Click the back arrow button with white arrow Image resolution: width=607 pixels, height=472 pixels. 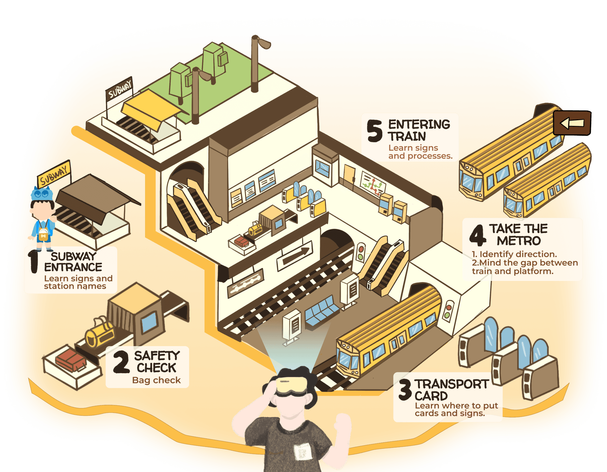point(572,123)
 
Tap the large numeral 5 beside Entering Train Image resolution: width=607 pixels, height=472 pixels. point(374,131)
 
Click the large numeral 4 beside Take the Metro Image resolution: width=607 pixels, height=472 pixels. point(478,235)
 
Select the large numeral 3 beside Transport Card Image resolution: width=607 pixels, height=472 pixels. point(405,390)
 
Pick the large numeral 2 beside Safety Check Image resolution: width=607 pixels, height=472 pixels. point(121,362)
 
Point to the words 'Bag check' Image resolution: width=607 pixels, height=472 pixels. point(156,380)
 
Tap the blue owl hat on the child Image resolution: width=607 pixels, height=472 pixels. point(42,194)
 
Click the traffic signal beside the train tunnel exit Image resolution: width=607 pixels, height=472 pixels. point(447,311)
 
